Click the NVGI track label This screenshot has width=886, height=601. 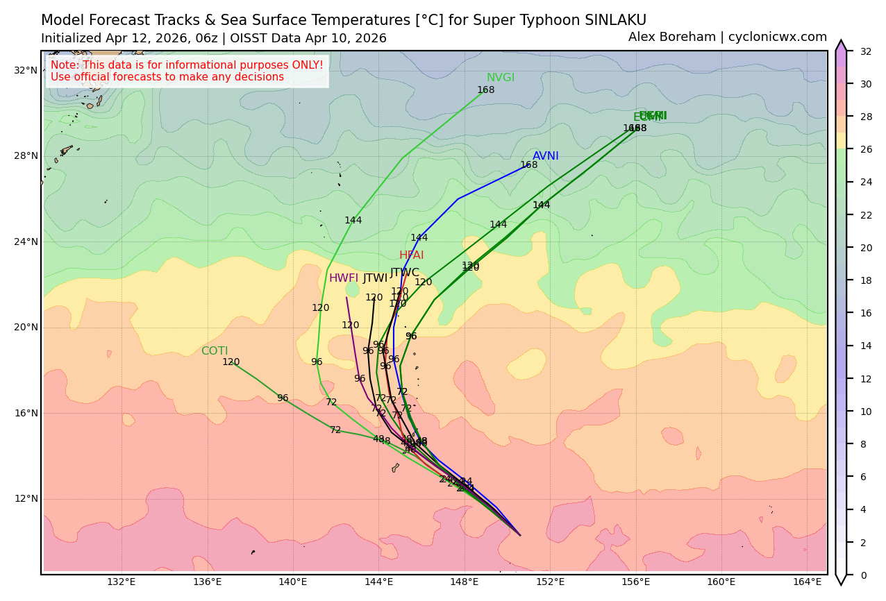tap(500, 78)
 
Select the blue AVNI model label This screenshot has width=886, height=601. tap(545, 156)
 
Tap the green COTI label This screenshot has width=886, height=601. tap(214, 351)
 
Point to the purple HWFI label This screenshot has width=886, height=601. tap(343, 278)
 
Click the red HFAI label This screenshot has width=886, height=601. tap(411, 255)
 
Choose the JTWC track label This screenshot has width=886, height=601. tap(404, 273)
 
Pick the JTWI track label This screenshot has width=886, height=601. tap(375, 278)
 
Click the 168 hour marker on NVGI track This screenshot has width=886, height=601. tap(485, 90)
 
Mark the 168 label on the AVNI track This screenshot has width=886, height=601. tap(528, 165)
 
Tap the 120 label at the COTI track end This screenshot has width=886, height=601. tap(231, 362)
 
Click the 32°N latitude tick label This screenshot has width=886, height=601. tap(26, 70)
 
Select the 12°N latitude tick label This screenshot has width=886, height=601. tap(26, 498)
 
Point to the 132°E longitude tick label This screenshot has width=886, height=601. tap(121, 582)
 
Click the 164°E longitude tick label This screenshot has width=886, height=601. tap(807, 582)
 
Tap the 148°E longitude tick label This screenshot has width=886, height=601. tap(464, 582)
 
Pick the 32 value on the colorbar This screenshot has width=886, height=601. tap(866, 51)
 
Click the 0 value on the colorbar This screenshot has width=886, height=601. tap(863, 575)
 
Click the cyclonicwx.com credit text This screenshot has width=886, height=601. tap(778, 37)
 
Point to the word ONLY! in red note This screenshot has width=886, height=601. tap(306, 65)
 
